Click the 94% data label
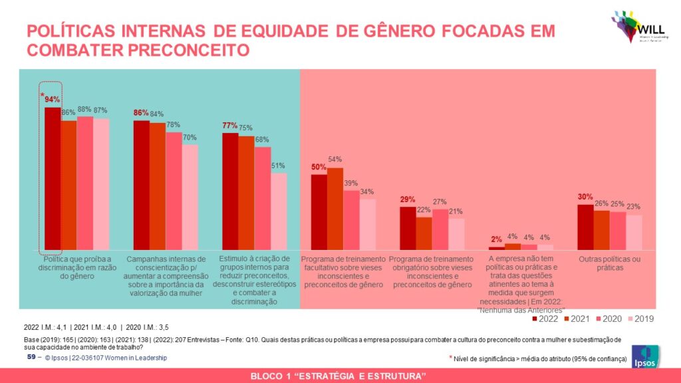pos(53,100)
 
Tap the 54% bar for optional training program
pos(335,209)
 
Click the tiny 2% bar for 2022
pos(497,248)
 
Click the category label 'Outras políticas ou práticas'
pos(610,263)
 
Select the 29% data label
pos(408,199)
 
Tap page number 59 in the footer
pos(31,358)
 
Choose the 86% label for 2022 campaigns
pos(141,113)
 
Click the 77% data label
pos(230,125)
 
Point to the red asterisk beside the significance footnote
pos(451,358)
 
